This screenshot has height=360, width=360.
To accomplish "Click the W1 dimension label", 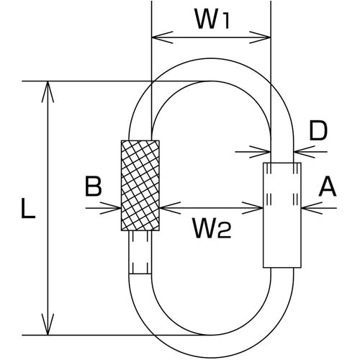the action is [212, 20].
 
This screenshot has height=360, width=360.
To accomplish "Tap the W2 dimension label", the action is [212, 228].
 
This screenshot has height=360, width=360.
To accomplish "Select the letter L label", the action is [28, 209].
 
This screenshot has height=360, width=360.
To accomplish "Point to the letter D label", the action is [318, 131].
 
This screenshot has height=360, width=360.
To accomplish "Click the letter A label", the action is [328, 187].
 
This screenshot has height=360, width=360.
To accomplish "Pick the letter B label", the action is [94, 186].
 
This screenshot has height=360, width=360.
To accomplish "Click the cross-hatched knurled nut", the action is [140, 186].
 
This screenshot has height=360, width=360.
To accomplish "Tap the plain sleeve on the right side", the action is [282, 215].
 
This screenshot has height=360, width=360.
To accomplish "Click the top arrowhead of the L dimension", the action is [48, 91].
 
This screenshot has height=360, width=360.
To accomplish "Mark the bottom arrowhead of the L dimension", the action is [48, 324].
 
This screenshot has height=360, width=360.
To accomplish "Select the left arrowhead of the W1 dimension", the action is [162, 37].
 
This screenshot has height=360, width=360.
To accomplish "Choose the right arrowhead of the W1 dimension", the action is [260, 37].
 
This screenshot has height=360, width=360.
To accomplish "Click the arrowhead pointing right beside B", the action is [111, 208].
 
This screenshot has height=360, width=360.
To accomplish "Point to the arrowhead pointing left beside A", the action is [312, 208].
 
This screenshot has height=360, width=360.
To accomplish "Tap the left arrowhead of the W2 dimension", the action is [170, 208].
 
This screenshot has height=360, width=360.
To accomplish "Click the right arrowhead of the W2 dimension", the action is [253, 208].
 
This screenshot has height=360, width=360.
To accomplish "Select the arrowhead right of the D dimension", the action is [305, 152].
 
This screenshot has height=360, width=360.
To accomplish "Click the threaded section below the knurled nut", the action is [140, 252].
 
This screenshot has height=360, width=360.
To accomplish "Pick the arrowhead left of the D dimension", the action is [260, 152].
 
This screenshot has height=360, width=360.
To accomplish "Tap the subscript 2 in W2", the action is [225, 232].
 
